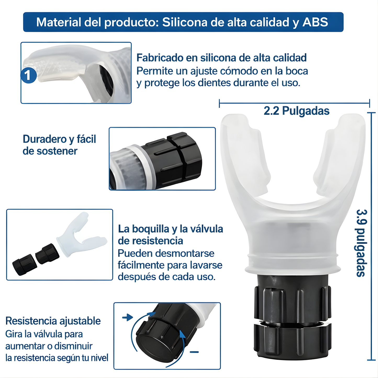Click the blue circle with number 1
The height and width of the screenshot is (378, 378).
[x=29, y=76]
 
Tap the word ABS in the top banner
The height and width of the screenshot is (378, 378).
[x=315, y=22]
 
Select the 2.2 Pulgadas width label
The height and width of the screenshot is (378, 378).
[x=296, y=111]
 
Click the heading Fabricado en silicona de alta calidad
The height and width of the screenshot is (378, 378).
[x=221, y=58]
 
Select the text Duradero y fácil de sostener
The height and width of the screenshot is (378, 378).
[x=59, y=145]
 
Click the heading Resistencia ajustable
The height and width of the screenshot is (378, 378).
[x=53, y=321]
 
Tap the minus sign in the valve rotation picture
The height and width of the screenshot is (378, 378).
[x=194, y=352]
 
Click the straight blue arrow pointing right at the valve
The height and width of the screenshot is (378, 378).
[x=128, y=318]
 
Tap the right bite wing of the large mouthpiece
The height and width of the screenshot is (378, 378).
[x=340, y=157]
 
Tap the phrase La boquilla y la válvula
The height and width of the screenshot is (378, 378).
[x=170, y=229]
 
